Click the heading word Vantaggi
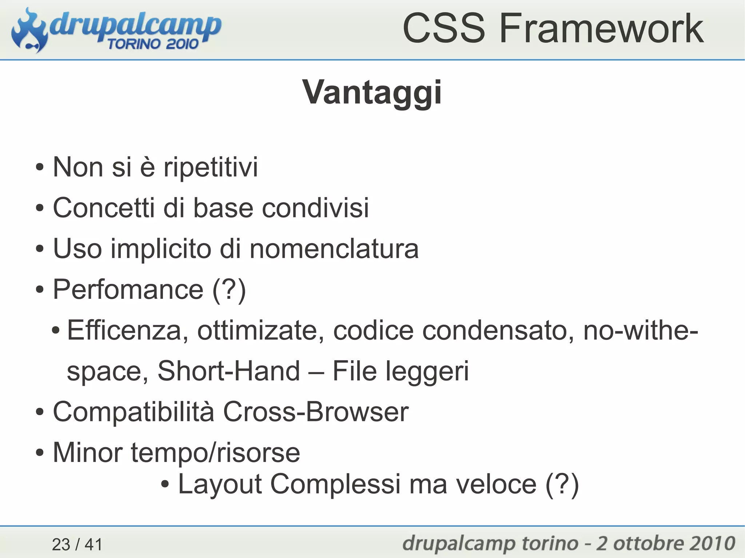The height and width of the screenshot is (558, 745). tap(372, 93)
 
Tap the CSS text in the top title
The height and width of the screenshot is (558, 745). tap(443, 28)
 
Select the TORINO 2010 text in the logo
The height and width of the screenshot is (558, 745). tap(153, 44)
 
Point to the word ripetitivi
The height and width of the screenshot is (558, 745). tap(211, 167)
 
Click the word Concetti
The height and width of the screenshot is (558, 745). tap(103, 208)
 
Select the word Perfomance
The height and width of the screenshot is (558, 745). tap(128, 290)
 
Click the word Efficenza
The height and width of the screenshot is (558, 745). tap(124, 330)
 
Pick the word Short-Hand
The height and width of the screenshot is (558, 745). tap(229, 371)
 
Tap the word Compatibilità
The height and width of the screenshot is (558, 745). tap(134, 412)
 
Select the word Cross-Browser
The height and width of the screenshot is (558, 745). tap(316, 412)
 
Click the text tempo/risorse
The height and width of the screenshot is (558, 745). tap(215, 453)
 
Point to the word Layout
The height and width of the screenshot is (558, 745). tap(220, 485)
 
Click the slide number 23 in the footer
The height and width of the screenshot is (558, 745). tap(61, 545)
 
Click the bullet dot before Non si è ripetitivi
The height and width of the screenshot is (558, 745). tap(40, 168)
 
